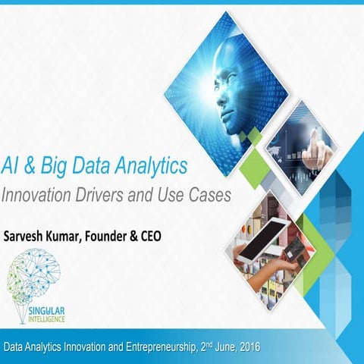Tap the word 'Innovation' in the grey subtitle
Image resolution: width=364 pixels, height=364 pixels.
(39, 193)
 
